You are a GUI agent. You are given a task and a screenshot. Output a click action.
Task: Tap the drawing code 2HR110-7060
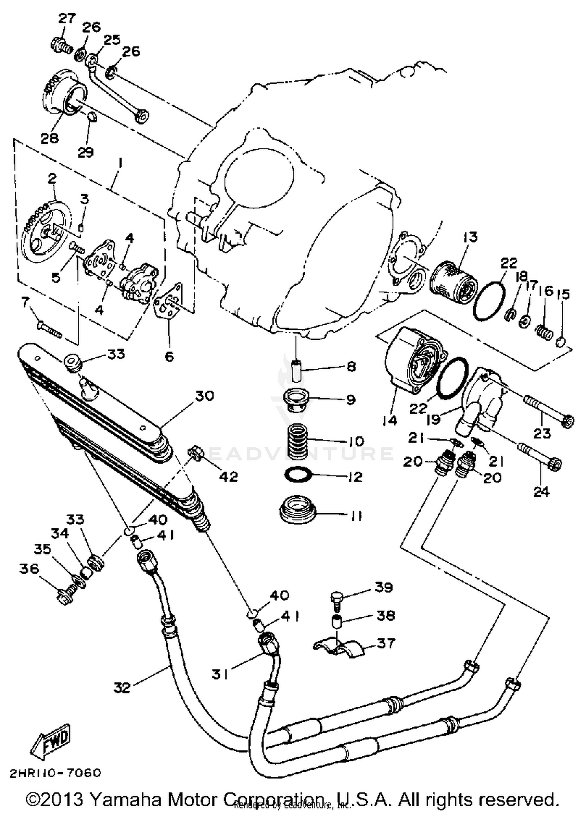[x=55, y=773]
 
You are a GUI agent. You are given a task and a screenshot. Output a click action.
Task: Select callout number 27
[x=67, y=19]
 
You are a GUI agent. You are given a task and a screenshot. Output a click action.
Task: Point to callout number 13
[x=470, y=237]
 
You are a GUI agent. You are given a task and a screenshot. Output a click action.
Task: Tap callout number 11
[x=356, y=516]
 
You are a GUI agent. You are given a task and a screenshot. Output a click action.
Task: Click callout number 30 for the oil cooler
[x=205, y=396]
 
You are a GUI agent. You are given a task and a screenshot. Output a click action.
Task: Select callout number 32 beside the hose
[x=122, y=687]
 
